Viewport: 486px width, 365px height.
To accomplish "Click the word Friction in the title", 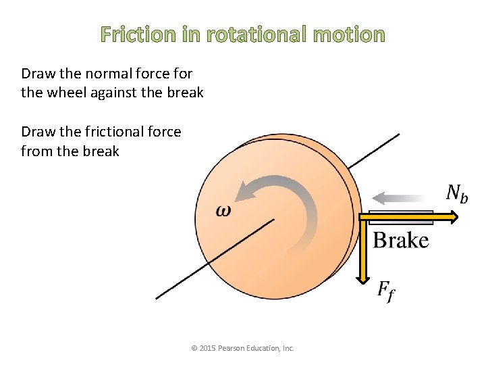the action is pos(138,35).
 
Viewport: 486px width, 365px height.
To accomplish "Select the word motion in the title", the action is pos(349,35).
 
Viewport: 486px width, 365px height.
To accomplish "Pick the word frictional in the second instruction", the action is pos(117,131).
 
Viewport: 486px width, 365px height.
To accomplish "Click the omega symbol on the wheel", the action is pos(223,210).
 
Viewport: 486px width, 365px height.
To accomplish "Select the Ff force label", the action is pos(385,292).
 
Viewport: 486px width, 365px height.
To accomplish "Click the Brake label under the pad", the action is pos(401,241).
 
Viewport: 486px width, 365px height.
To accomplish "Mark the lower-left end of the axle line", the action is pos(157,297).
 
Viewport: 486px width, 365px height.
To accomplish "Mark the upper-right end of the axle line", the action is pos(398,135).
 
